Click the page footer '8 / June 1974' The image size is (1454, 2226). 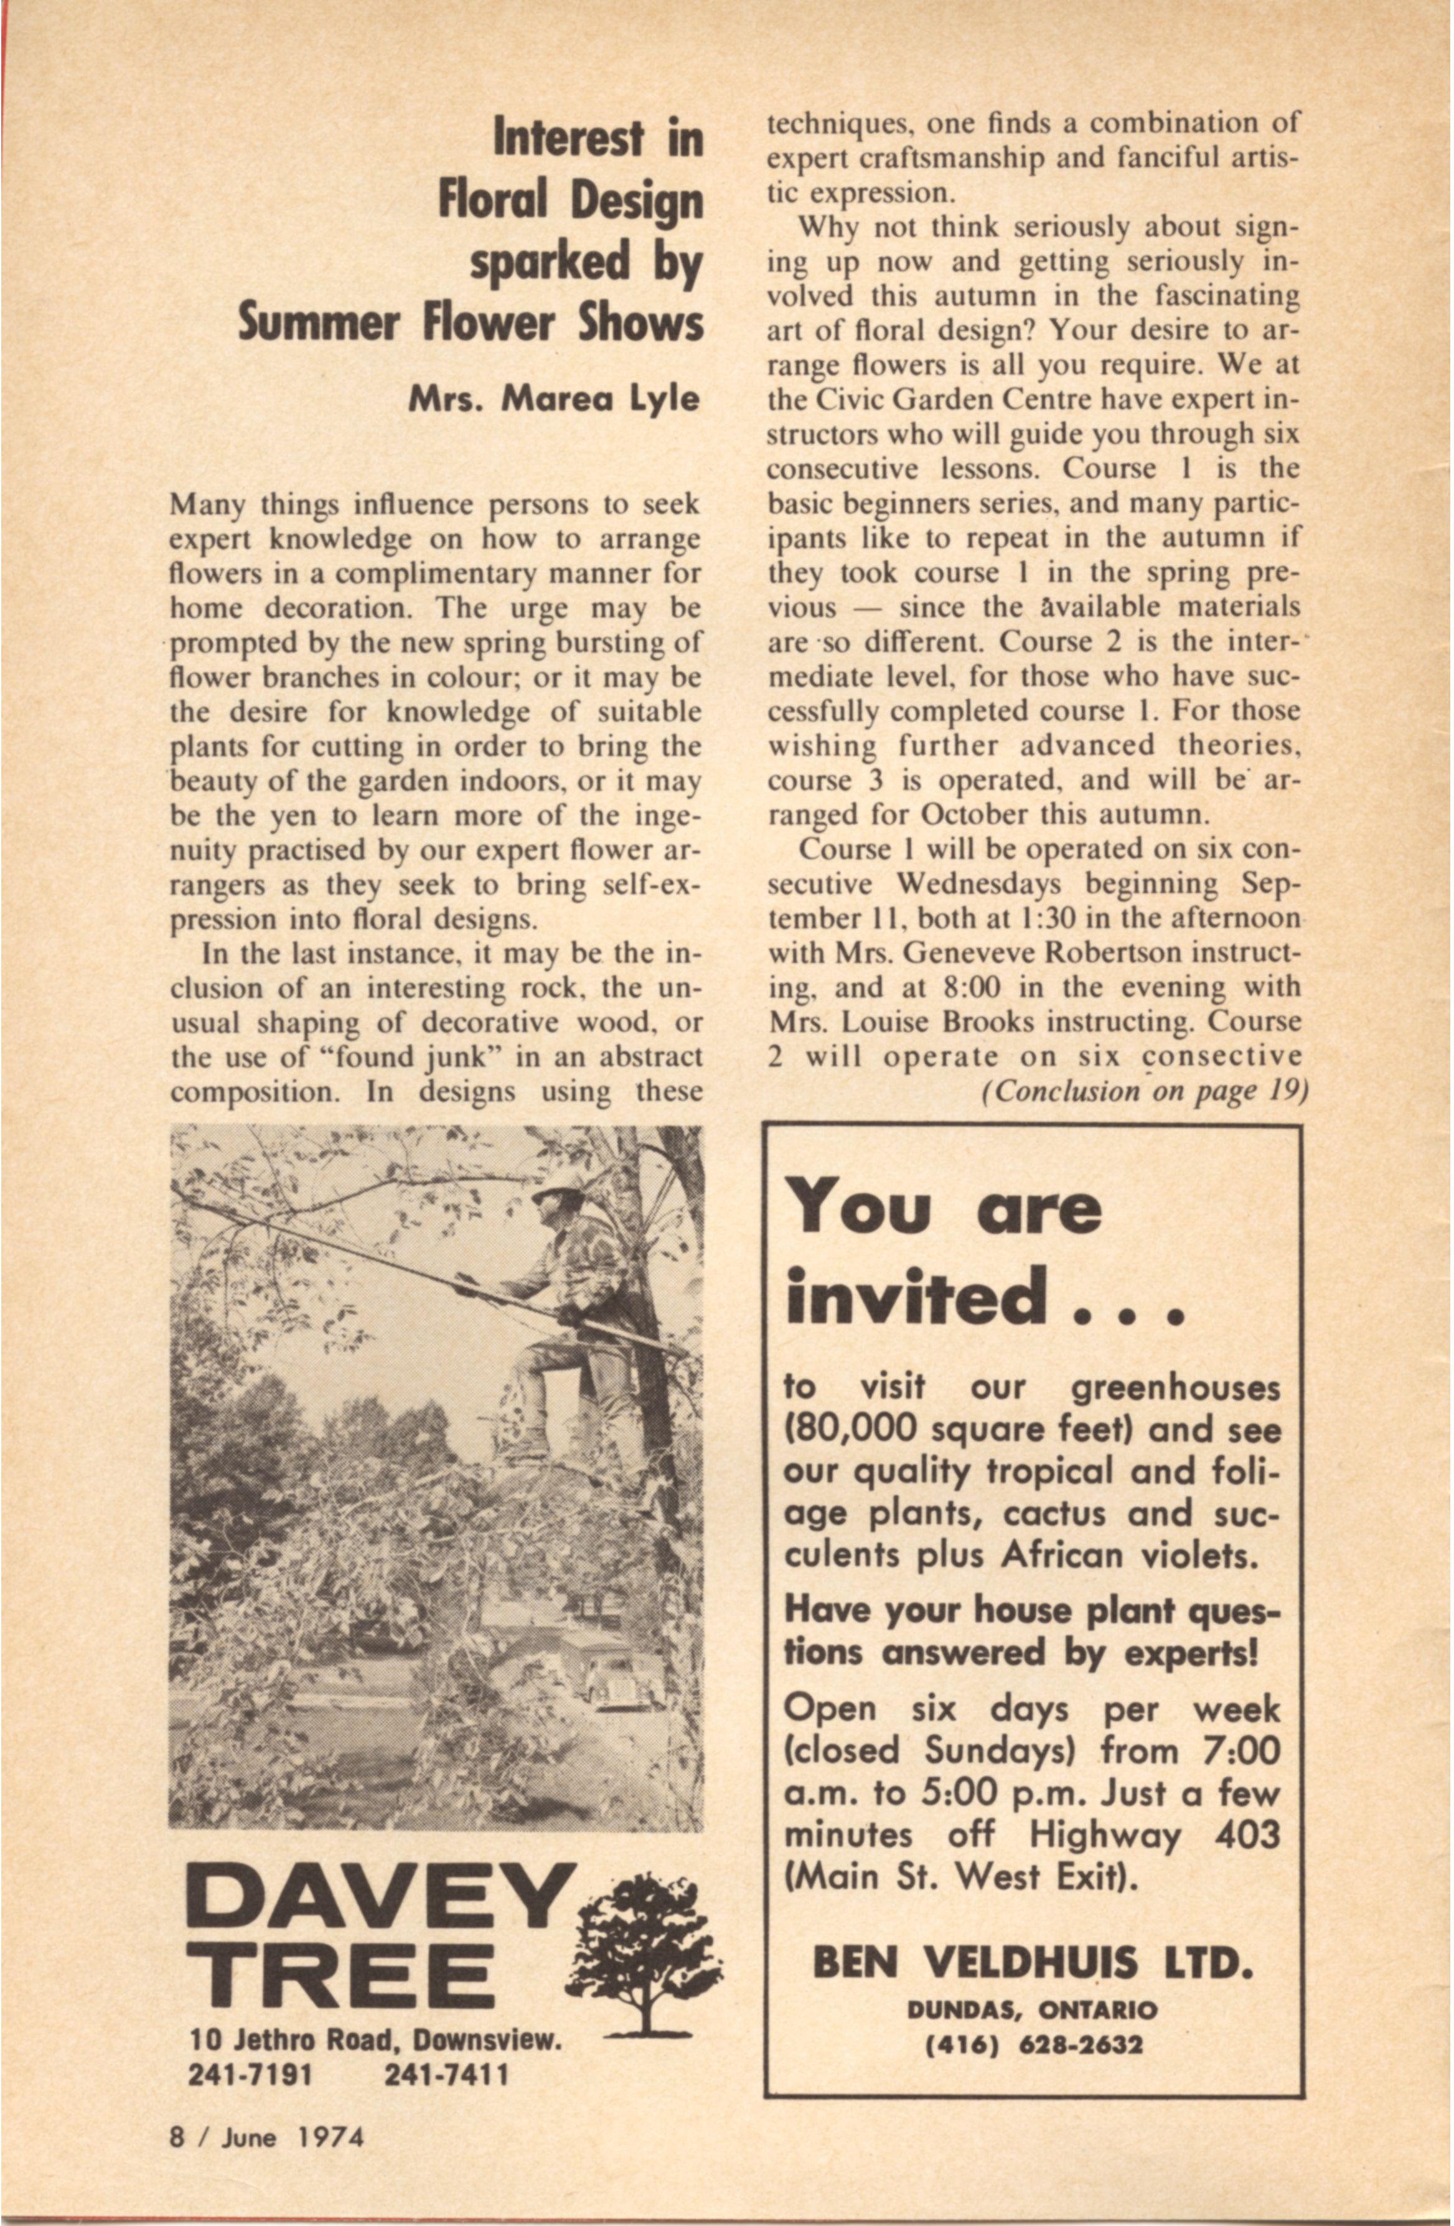click(x=266, y=2156)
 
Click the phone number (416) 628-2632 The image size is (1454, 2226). click(x=1033, y=2045)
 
